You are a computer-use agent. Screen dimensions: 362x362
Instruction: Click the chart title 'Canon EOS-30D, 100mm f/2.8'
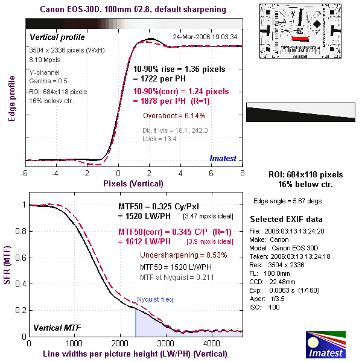133,10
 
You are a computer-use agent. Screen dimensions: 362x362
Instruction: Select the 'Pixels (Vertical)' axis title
133,183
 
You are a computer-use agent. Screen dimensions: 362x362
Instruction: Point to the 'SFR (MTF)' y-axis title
10,270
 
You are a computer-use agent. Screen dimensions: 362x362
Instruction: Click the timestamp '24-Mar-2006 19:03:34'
205,37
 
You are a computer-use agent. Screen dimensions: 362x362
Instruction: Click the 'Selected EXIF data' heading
286,218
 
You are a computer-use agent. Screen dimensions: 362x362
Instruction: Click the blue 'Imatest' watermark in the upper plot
223,158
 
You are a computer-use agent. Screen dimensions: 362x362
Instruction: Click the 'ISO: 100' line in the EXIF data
267,308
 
